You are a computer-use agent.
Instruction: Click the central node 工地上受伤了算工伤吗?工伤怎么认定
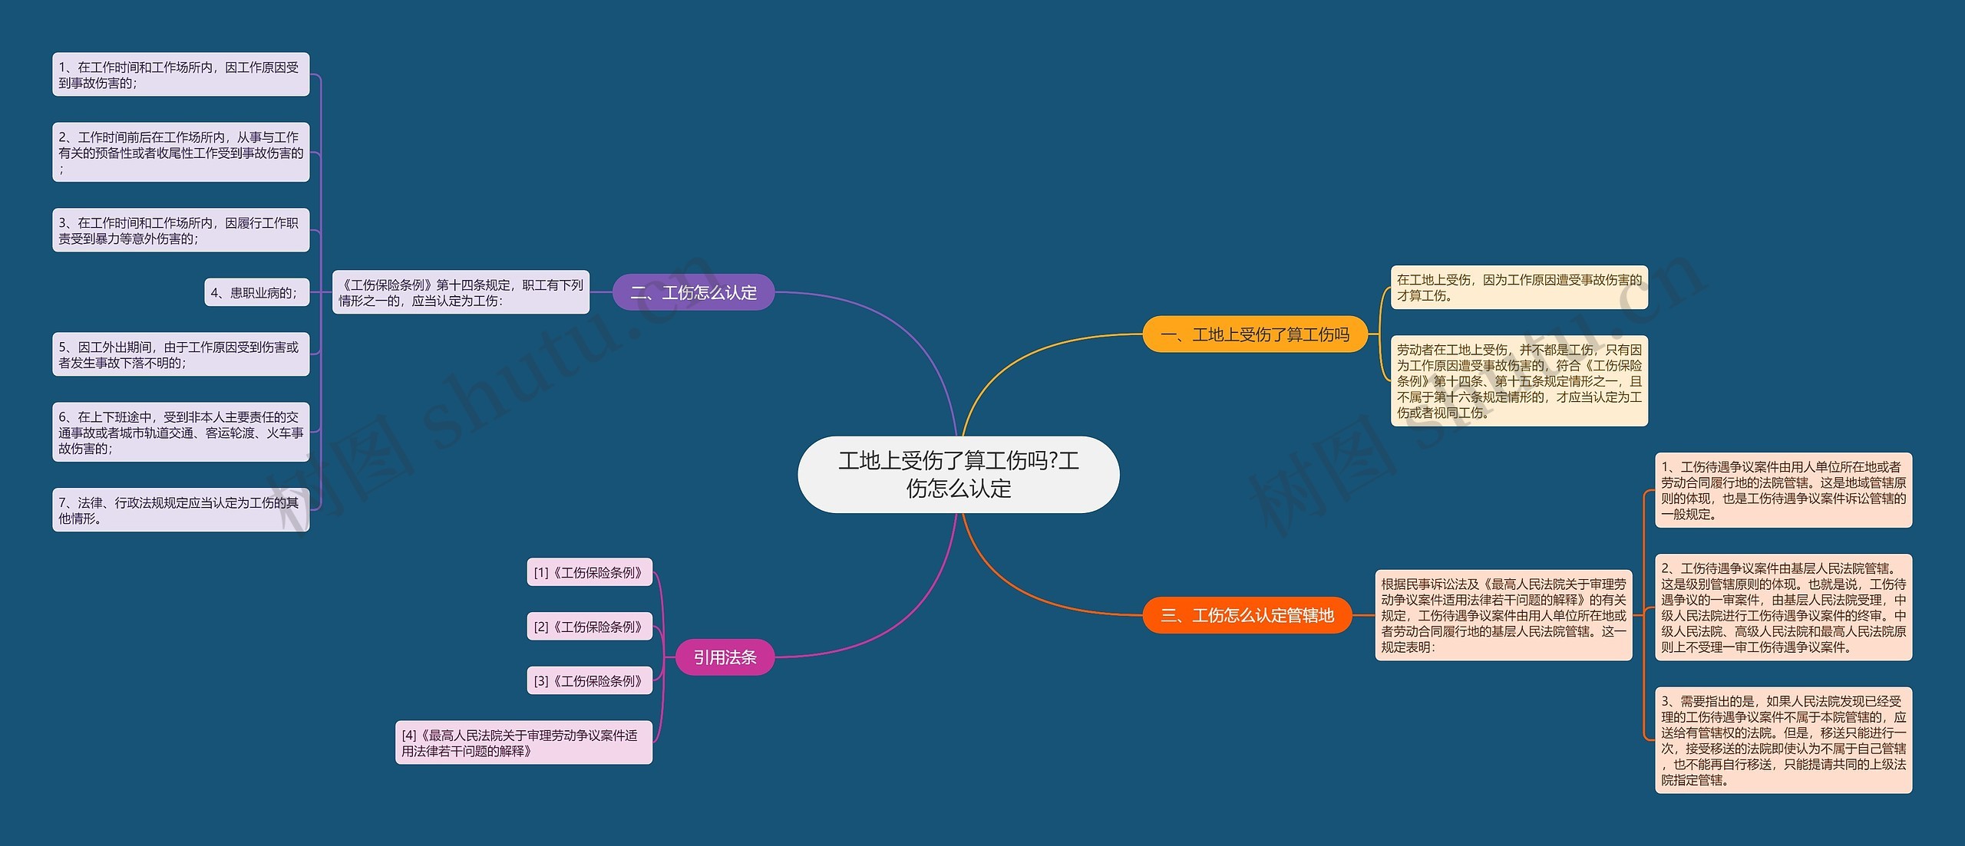pyautogui.click(x=959, y=475)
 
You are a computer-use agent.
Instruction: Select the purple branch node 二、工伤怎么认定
pyautogui.click(x=693, y=292)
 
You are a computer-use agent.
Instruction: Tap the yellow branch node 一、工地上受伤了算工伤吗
pyautogui.click(x=1255, y=334)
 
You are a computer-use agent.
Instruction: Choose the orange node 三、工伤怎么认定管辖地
pyautogui.click(x=1247, y=615)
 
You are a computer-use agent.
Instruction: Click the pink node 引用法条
pyautogui.click(x=725, y=657)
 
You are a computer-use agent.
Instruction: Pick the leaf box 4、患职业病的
pyautogui.click(x=256, y=292)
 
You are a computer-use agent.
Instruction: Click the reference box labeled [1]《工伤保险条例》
pyautogui.click(x=589, y=572)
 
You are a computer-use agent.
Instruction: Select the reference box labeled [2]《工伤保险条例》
pyautogui.click(x=589, y=627)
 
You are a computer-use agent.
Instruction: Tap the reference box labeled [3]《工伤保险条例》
pyautogui.click(x=589, y=680)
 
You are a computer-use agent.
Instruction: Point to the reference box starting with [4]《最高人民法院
pyautogui.click(x=523, y=742)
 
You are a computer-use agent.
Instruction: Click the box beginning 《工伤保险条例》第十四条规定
pyautogui.click(x=461, y=292)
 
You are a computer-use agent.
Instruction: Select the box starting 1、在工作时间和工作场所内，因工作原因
pyautogui.click(x=180, y=74)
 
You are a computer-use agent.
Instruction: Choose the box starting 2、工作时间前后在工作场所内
pyautogui.click(x=180, y=152)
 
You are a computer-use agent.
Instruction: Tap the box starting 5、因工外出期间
pyautogui.click(x=180, y=354)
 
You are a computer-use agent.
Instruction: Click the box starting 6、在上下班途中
pyautogui.click(x=180, y=432)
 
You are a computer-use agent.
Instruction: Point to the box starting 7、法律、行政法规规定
pyautogui.click(x=180, y=510)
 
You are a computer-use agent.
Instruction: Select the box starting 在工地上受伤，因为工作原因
pyautogui.click(x=1519, y=288)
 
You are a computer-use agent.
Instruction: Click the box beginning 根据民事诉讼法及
pyautogui.click(x=1504, y=615)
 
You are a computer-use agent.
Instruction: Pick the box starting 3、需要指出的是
pyautogui.click(x=1784, y=740)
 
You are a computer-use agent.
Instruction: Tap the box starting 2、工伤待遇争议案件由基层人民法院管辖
pyautogui.click(x=1784, y=607)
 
